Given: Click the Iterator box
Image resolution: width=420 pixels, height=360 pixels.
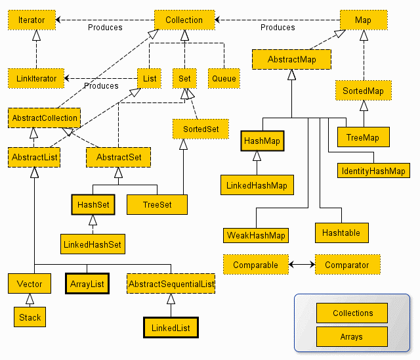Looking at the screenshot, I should pos(31,20).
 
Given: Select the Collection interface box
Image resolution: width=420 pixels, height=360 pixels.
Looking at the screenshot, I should pos(184,20).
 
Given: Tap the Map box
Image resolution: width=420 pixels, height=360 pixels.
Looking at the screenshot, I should pos(363,20).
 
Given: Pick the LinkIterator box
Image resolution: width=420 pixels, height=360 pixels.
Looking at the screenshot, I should pos(37,79).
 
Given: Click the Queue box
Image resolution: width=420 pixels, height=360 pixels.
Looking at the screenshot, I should pos(224,79).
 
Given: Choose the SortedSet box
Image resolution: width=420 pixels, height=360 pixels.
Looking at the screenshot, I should pos(200,129).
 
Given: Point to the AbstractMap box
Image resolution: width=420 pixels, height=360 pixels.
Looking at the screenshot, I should pos(291,60).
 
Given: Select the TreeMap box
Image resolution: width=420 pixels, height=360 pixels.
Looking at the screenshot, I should pos(363,137).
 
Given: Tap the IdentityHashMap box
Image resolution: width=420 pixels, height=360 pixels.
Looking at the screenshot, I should pos(373,171).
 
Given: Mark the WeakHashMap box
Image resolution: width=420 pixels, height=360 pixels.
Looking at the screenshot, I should pos(257,235).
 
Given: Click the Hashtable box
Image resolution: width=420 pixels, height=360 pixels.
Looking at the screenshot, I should pos(341,233).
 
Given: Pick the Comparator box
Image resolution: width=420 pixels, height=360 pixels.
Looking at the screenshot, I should pos(347,265).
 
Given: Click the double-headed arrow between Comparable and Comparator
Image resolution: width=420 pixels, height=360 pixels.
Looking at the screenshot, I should pos(302,265).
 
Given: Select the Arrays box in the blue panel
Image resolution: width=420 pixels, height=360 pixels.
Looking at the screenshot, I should pos(352,336).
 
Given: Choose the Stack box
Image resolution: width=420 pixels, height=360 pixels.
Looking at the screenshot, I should pos(30,317).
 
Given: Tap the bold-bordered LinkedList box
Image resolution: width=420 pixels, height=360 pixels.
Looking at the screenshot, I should pos(170,326).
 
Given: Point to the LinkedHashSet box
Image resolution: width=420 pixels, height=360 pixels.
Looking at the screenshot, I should pos(93,244).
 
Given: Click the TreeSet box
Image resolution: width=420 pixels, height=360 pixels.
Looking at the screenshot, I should pos(157,204).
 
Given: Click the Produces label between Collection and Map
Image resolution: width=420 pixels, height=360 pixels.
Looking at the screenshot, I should pos(278,28).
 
